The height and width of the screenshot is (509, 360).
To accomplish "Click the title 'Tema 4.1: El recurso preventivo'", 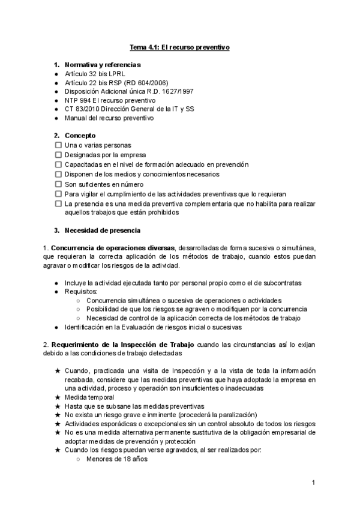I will pyautogui.click(x=180, y=46).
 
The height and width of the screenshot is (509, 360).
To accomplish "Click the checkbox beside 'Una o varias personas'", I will pyautogui.click(x=58, y=145).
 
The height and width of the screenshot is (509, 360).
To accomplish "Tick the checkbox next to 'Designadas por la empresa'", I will pyautogui.click(x=58, y=155).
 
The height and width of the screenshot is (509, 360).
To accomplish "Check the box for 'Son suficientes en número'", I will pyautogui.click(x=58, y=184).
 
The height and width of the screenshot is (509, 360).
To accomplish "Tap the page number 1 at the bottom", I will pyautogui.click(x=313, y=483).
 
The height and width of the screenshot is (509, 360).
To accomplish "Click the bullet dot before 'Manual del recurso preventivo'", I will pyautogui.click(x=56, y=118).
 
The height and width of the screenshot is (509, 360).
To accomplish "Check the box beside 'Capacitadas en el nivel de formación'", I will pyautogui.click(x=58, y=164).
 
